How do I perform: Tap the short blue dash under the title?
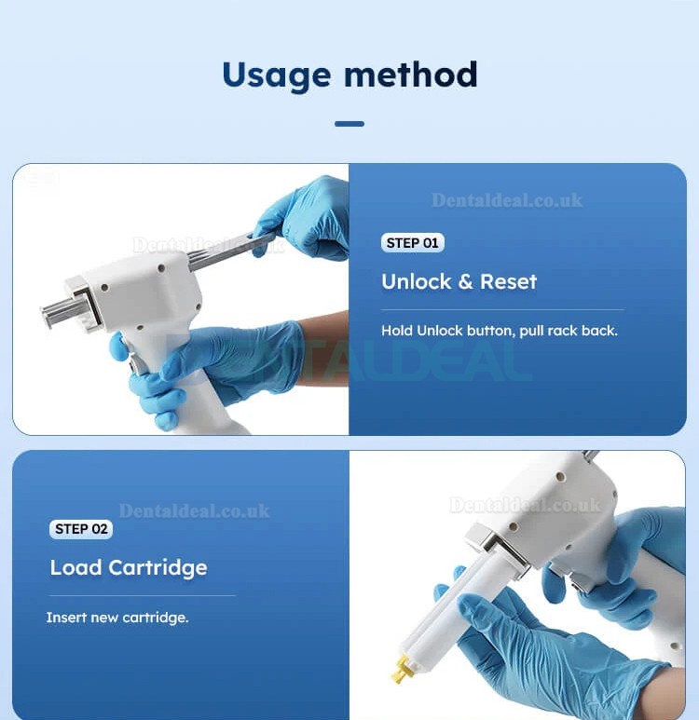tap(349, 123)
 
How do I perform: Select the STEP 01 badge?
tap(412, 243)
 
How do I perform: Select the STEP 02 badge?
tap(81, 529)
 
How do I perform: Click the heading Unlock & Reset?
tap(459, 281)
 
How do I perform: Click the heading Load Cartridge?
tap(129, 567)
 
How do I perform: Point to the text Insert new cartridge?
tap(116, 618)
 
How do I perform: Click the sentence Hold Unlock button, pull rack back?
tap(499, 331)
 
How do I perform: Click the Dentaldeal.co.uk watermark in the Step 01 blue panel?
tap(507, 200)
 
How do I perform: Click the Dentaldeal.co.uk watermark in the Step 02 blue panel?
tap(195, 510)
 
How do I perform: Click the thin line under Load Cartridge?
tap(142, 595)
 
